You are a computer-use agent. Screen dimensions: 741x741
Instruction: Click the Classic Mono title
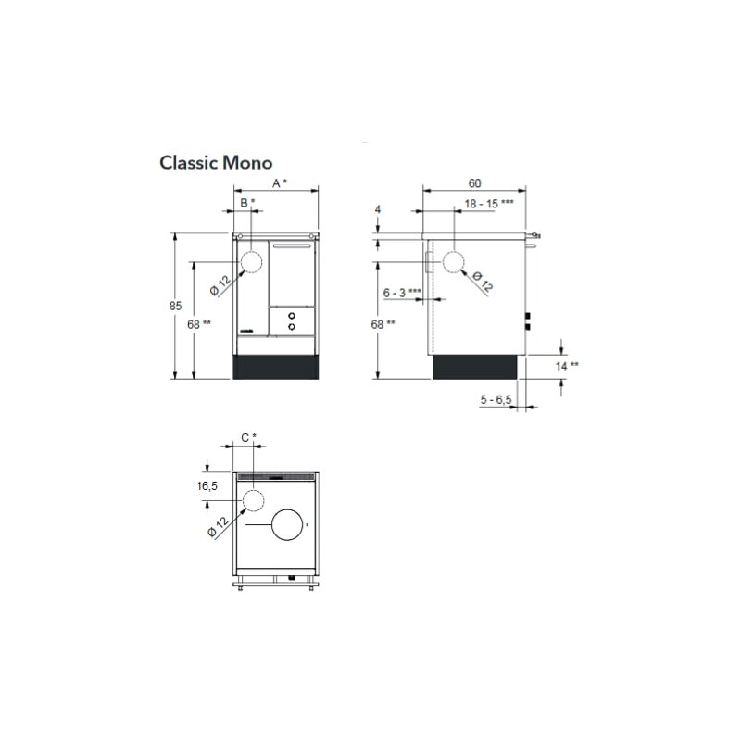[216, 163]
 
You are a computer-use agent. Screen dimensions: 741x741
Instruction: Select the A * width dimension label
[280, 183]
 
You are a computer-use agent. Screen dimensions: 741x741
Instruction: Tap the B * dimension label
[247, 203]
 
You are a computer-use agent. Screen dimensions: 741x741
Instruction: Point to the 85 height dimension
[175, 306]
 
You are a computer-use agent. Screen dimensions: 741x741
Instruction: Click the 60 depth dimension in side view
[474, 183]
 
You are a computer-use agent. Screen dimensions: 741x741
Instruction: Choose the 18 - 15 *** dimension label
[489, 204]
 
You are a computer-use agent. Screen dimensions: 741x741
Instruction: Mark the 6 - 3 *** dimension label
[402, 293]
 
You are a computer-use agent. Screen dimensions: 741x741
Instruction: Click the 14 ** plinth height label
[567, 366]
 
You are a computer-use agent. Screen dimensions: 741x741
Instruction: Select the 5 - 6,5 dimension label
[496, 400]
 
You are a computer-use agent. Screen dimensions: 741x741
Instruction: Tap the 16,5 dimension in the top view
[207, 485]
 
